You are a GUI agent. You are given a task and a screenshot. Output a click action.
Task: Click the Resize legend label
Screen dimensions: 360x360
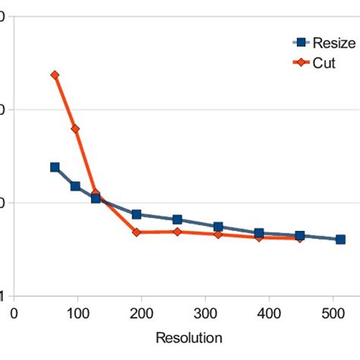pos(334,43)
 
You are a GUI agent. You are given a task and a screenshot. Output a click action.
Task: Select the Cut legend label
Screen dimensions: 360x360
pos(324,63)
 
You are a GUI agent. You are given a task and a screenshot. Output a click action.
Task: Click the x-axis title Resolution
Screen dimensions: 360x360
pos(189,337)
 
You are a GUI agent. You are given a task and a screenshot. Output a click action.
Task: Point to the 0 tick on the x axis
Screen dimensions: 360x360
pos(14,311)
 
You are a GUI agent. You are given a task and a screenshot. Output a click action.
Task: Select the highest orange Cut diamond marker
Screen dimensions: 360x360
pos(55,75)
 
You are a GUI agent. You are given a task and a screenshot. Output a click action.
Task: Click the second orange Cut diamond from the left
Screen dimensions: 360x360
pos(75,129)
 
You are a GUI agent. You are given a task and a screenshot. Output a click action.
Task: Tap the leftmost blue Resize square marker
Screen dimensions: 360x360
pos(55,167)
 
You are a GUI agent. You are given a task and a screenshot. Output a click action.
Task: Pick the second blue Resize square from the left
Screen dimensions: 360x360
pos(75,186)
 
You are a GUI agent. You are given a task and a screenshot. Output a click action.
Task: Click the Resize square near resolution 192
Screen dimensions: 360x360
pos(137,215)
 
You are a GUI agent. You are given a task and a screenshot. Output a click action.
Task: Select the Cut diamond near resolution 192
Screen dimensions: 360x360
pos(137,232)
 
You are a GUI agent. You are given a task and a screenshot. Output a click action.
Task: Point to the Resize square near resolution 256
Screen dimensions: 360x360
pos(178,219)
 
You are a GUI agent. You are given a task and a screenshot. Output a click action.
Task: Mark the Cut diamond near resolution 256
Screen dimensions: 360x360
pos(178,232)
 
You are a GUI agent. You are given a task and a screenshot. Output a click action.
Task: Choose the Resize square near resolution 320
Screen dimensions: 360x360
pos(219,227)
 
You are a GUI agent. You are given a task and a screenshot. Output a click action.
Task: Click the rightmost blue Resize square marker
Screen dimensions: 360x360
pos(340,239)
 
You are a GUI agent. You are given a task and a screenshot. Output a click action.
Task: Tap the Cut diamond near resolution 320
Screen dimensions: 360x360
pos(219,235)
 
